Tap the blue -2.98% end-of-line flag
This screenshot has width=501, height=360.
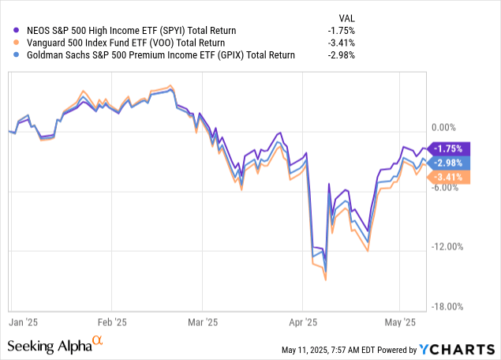(451, 162)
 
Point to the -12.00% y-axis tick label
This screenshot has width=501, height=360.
(447, 246)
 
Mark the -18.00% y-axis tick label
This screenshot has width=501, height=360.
(447, 306)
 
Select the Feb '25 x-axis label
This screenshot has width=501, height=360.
(112, 322)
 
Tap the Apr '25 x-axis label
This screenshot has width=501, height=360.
(302, 322)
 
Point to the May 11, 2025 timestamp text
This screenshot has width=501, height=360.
(331, 350)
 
